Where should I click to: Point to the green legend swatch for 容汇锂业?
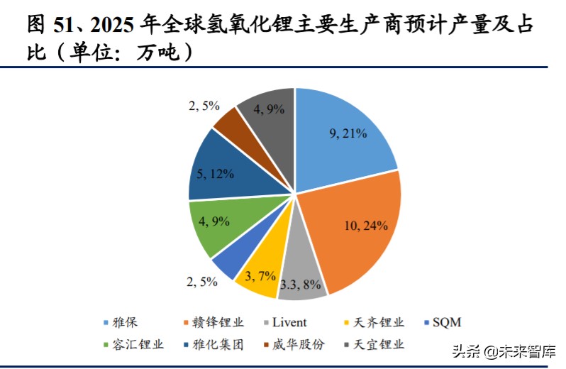[106, 345]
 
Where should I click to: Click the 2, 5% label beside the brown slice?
[204, 106]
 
